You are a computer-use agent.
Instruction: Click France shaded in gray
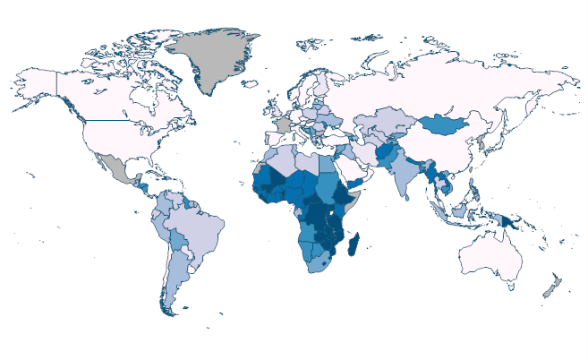[282, 124]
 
